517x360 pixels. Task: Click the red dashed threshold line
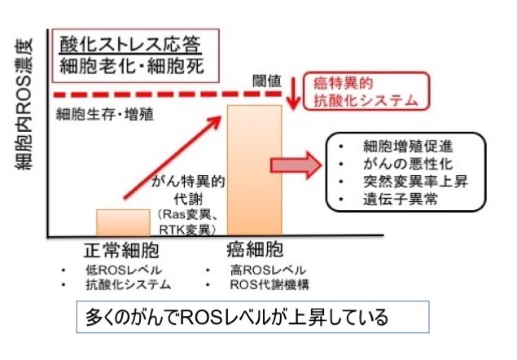coord(163,95)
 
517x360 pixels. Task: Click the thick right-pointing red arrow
coord(295,164)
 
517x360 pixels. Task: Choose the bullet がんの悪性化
coord(402,163)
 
